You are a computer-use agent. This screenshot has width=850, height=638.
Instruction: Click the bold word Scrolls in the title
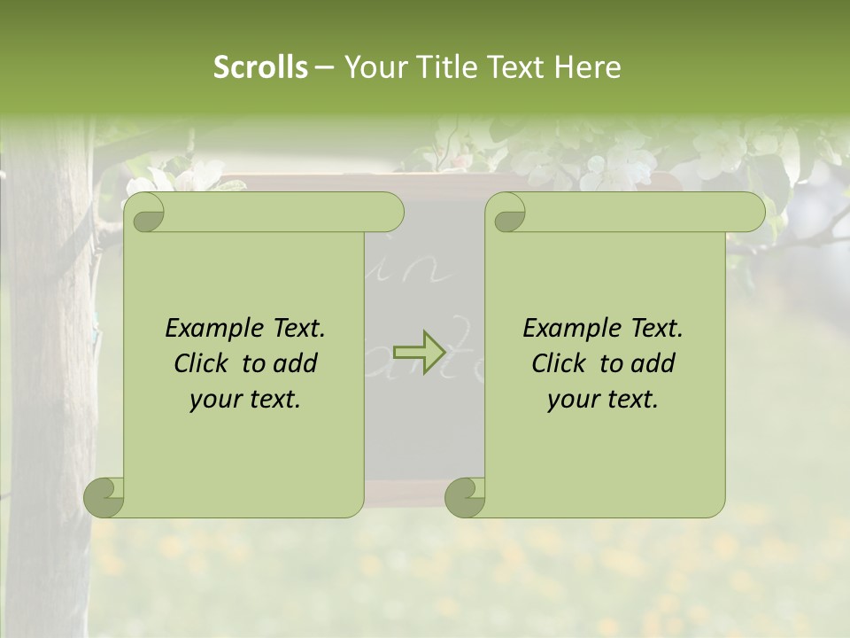260,67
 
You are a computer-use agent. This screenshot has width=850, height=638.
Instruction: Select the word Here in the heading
587,67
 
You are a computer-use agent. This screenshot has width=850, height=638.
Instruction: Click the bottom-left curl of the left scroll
104,497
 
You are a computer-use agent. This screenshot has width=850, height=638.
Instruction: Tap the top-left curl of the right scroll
509,214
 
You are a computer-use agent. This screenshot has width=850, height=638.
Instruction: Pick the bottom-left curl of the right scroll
466,497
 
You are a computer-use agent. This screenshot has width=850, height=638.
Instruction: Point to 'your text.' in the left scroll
245,400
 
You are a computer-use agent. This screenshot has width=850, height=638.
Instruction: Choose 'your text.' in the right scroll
603,400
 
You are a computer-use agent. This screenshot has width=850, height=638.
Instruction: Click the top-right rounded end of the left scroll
390,213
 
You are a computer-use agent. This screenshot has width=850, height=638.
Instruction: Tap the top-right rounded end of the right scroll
751,213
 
